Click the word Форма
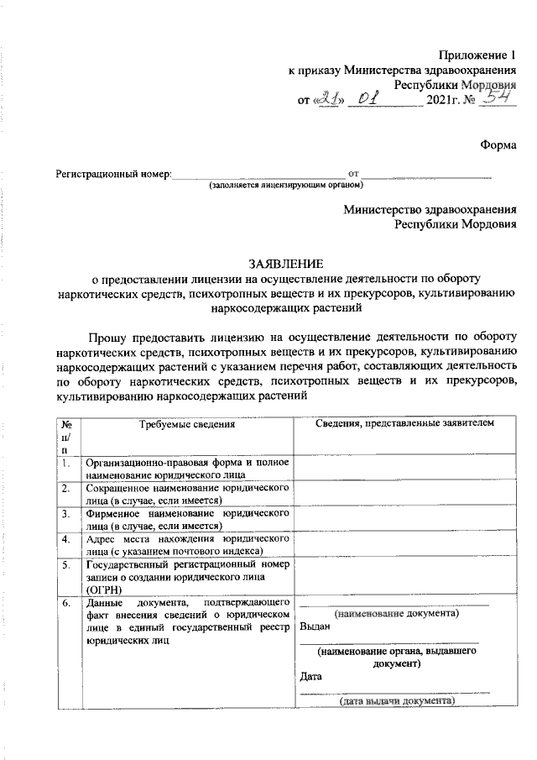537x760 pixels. [x=498, y=144]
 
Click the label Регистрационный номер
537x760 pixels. [x=112, y=175]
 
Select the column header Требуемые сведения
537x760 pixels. [x=187, y=424]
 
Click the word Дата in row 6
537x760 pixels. [x=310, y=675]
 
